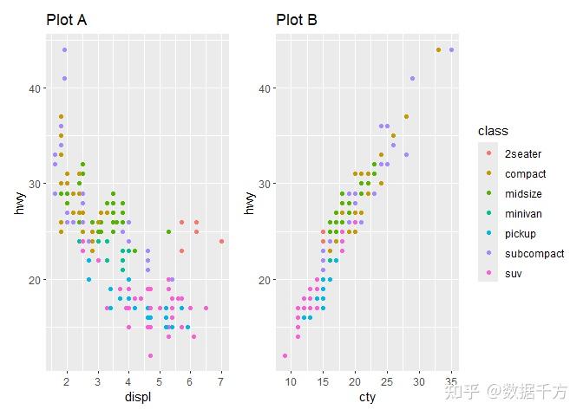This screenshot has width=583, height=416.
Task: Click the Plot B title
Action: [297, 20]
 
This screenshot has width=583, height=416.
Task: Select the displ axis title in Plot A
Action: [137, 397]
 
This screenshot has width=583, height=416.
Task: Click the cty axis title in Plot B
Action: [368, 397]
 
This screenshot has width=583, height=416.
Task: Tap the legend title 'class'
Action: [493, 131]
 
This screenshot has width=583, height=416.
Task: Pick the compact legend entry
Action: [525, 174]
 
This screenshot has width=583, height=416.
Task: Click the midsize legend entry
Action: [523, 194]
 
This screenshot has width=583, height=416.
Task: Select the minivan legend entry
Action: [522, 214]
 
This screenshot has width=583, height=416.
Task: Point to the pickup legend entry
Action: [521, 234]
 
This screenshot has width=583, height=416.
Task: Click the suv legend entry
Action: [513, 274]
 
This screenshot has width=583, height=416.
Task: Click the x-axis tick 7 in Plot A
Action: [221, 380]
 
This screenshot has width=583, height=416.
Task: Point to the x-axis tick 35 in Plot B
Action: [451, 380]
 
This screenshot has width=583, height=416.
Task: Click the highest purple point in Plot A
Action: [64, 50]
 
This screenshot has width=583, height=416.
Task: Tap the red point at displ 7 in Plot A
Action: [221, 241]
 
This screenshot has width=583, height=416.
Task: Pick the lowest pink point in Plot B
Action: [285, 355]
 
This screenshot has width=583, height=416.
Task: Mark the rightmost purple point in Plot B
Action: [451, 50]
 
